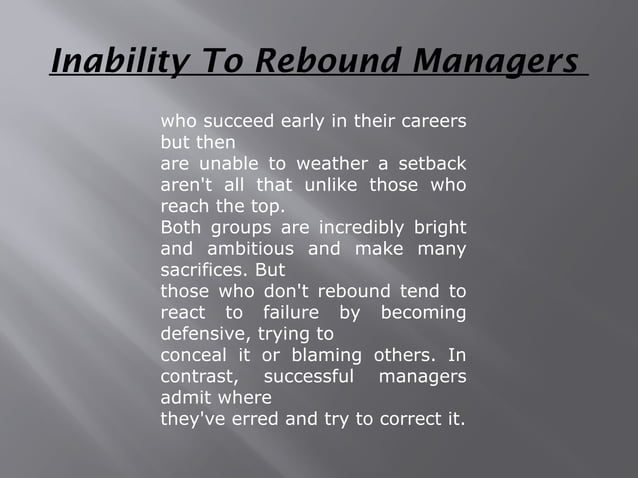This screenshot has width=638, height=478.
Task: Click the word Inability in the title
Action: pyautogui.click(x=104, y=62)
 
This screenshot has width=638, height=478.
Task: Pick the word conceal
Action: pyautogui.click(x=193, y=356)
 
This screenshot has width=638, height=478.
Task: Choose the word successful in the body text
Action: pyautogui.click(x=308, y=377)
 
